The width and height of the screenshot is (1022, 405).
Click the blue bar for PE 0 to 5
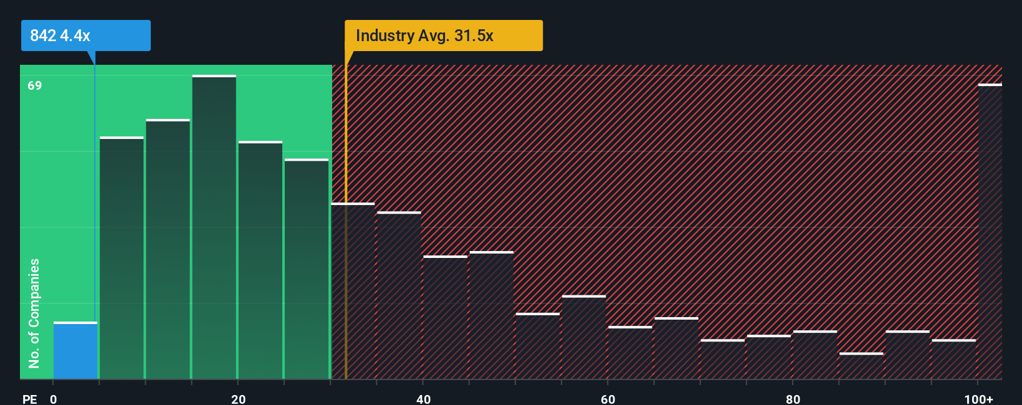point(75,351)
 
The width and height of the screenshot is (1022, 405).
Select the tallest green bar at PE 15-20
point(214,227)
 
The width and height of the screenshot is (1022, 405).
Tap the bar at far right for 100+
point(990,232)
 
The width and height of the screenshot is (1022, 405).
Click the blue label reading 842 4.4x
point(85,36)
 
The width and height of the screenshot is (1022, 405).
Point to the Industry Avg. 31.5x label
point(443,36)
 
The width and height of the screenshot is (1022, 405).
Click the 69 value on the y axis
point(35,85)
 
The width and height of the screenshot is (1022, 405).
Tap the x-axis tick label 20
point(238,399)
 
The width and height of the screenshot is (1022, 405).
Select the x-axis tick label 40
point(423,399)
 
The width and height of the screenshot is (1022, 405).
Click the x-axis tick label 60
point(608,399)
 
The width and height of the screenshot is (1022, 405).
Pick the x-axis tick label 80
point(793,399)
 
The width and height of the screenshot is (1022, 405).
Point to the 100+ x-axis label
point(978,399)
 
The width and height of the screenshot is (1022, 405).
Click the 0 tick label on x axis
point(54,399)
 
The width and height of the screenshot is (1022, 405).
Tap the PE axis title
point(30,399)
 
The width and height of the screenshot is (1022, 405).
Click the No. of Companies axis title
point(34,313)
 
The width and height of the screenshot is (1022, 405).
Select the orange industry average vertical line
point(346,249)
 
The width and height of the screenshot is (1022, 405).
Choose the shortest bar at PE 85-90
point(861,366)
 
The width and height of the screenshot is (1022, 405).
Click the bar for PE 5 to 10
point(122,258)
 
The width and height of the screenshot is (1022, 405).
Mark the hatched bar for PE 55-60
point(584,337)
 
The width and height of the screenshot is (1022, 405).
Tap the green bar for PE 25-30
point(307,269)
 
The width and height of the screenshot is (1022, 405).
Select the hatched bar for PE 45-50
point(492,315)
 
